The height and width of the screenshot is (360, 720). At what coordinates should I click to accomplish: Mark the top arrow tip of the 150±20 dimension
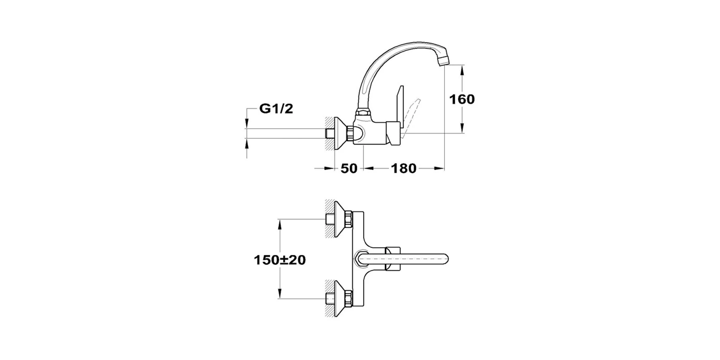coord(280,219)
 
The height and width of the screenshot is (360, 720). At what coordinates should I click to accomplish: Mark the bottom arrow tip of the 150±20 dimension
coord(280,298)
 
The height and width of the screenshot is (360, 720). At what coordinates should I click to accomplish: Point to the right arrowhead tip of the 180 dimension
coord(445,168)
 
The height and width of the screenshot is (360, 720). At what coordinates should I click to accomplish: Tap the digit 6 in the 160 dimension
coord(462,99)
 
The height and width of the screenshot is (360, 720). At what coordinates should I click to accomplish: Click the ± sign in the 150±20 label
coord(283,260)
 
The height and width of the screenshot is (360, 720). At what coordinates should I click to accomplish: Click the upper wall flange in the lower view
coord(341,219)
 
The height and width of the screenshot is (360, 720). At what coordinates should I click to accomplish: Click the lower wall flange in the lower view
coord(341,298)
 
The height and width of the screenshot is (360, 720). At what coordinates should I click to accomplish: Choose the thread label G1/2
coord(276,108)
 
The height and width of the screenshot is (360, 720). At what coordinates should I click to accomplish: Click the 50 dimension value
coord(349,168)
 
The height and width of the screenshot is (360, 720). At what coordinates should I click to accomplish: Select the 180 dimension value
coord(404,168)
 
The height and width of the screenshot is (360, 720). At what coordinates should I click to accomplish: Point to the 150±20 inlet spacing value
coord(280,260)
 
